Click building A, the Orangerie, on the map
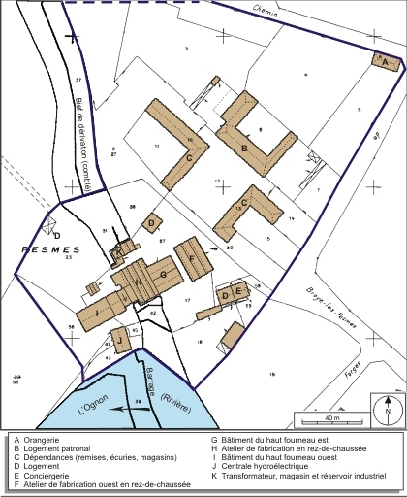[x=386, y=61]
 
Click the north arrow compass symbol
[x=387, y=409]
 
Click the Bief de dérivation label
[x=82, y=137]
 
